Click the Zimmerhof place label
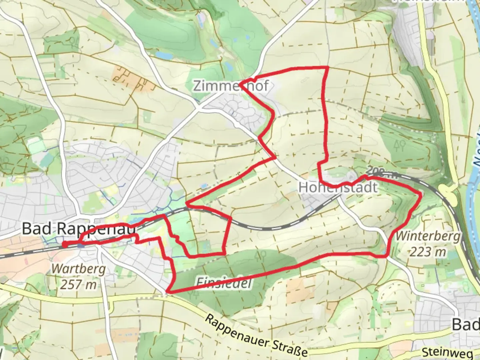pos(231,86)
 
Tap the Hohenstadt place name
pos(338,187)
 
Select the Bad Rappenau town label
pos(79,229)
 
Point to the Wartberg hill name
pos(79,269)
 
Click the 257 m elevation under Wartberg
pos(79,284)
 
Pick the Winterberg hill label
pos(428,236)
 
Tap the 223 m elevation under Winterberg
pos(428,252)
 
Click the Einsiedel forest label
pos(223,283)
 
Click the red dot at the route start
pos(65,245)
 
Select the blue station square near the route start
pos(80,246)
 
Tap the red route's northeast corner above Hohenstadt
pos(328,68)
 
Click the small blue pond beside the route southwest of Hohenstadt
pos(204,185)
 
